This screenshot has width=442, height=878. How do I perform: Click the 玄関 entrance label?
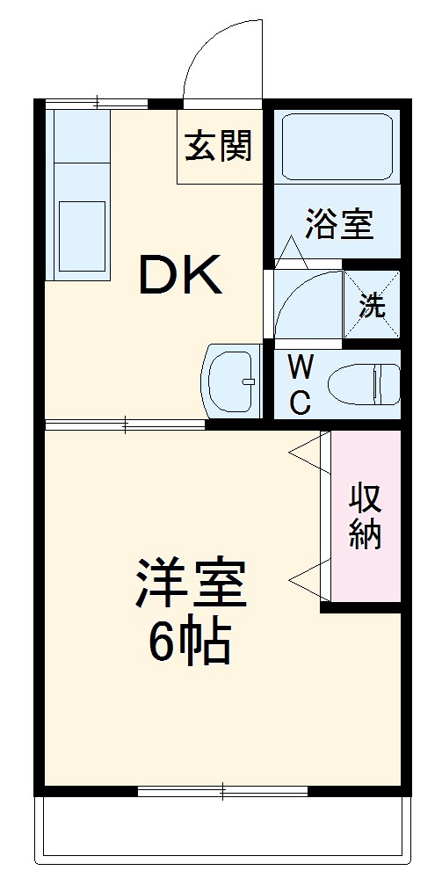218,144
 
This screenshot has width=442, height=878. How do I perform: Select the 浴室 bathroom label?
339,224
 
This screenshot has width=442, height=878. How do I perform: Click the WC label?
299,384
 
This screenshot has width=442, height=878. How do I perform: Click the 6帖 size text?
189,644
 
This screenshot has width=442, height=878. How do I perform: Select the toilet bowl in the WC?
362,384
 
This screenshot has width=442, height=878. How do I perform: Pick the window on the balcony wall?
223,791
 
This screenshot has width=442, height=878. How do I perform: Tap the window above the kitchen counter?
97,102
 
